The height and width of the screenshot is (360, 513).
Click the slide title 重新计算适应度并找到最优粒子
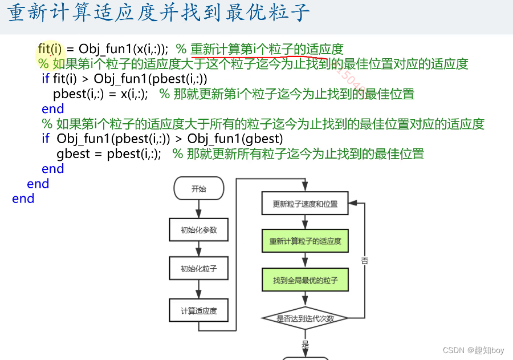pyautogui.click(x=160, y=13)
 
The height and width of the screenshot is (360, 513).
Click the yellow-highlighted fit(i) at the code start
pyautogui.click(x=50, y=48)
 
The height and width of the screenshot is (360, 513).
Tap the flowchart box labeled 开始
pyautogui.click(x=198, y=189)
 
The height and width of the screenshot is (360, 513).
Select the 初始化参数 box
pyautogui.click(x=198, y=230)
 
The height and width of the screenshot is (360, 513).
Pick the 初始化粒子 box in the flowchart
pyautogui.click(x=198, y=269)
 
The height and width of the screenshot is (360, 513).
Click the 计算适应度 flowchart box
pyautogui.click(x=198, y=311)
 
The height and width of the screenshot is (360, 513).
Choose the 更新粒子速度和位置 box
pyautogui.click(x=304, y=204)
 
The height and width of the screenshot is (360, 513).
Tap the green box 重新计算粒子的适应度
pyautogui.click(x=304, y=241)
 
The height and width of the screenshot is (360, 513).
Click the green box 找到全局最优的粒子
pyautogui.click(x=304, y=280)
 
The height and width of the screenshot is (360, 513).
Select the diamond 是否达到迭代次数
pyautogui.click(x=304, y=318)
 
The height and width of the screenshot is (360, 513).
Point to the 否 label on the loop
pyautogui.click(x=364, y=260)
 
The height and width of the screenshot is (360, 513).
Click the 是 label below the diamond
pyautogui.click(x=305, y=344)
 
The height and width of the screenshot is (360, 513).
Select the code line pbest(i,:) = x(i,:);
pyautogui.click(x=100, y=94)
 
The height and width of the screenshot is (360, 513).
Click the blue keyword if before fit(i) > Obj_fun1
pyautogui.click(x=46, y=79)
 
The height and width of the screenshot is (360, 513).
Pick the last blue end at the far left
pyautogui.click(x=23, y=199)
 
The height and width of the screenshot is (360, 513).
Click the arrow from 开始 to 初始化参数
pyautogui.click(x=198, y=208)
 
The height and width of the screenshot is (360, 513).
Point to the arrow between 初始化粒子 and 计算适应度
pyautogui.click(x=198, y=290)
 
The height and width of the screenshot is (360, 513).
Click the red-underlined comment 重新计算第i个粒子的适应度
pyautogui.click(x=267, y=49)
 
